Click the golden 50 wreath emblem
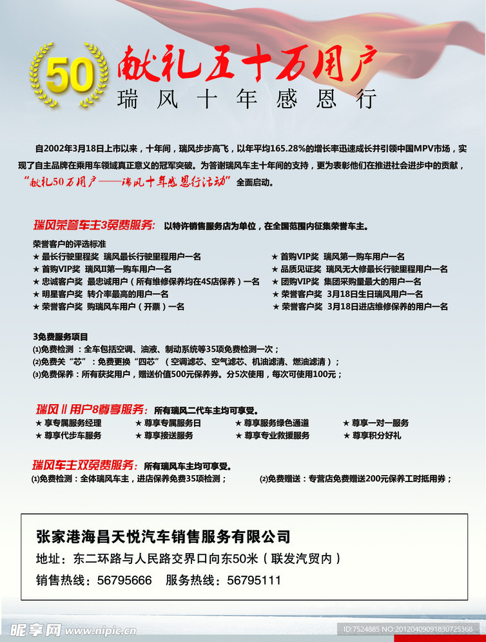tap(69, 75)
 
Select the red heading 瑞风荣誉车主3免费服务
tap(94, 225)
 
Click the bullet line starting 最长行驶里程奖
tap(117, 257)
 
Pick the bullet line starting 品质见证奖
tap(360, 269)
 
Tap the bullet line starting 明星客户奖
tap(101, 294)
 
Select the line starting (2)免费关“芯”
tap(186, 362)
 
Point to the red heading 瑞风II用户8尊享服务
tap(92, 409)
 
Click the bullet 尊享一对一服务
tap(376, 423)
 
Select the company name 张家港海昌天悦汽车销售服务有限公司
tap(163, 536)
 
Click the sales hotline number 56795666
tap(124, 580)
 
